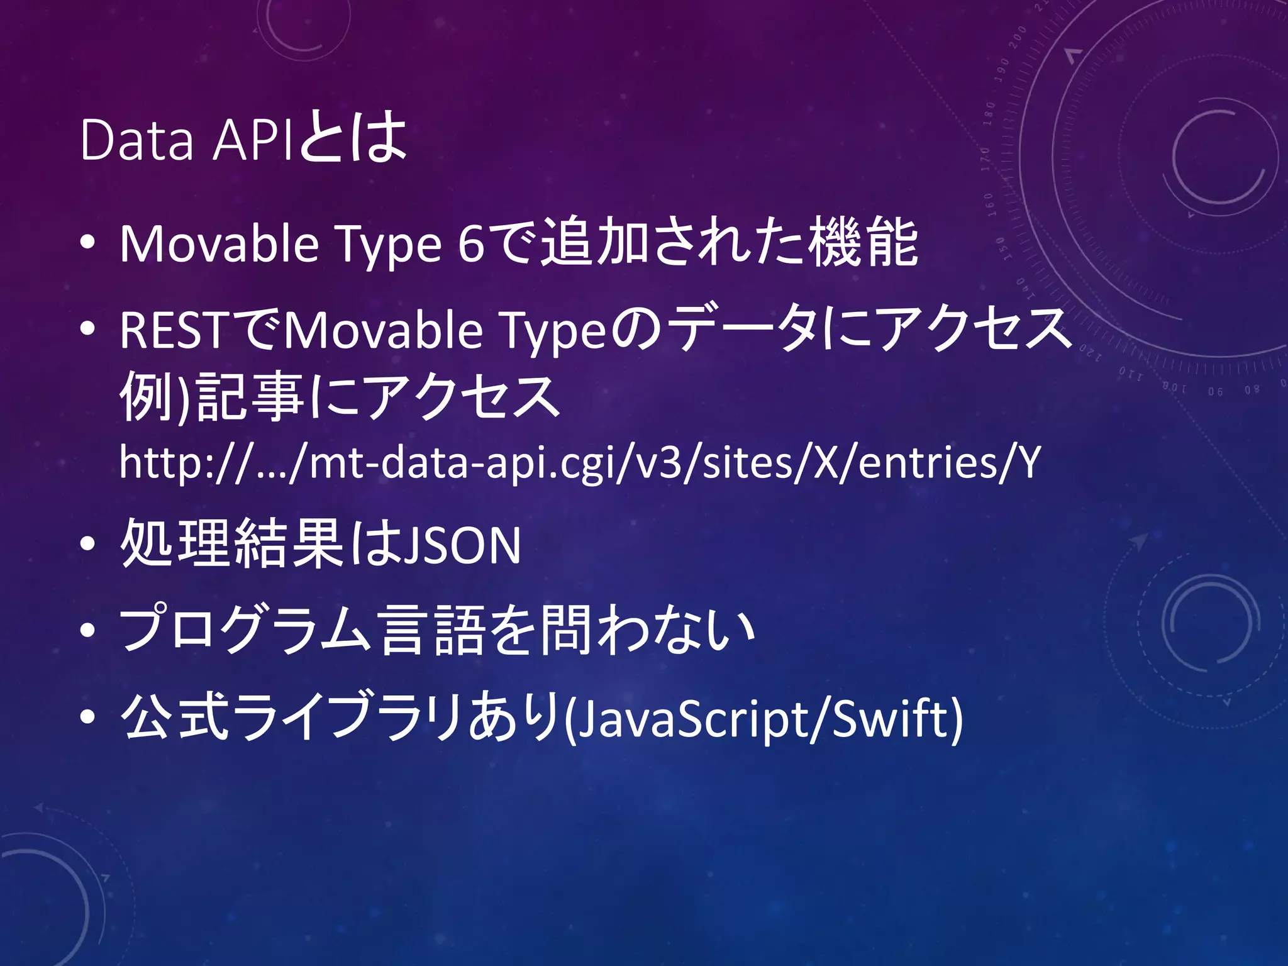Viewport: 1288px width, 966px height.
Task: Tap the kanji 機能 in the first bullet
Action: [x=863, y=243]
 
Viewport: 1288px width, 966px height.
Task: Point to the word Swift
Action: [x=889, y=718]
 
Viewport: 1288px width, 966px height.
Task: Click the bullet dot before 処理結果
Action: [x=87, y=545]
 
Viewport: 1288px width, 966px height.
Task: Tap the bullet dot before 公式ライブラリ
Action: [x=87, y=716]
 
